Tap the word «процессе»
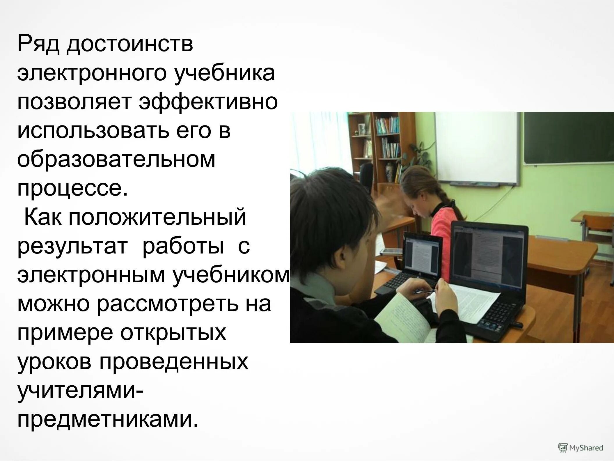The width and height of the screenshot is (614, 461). pos(72,189)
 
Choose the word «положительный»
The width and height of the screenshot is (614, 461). pos(157,217)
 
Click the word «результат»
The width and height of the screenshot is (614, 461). pos(72,246)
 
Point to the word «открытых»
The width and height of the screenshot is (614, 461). pos(173,333)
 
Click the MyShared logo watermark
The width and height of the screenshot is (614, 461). pos(580,447)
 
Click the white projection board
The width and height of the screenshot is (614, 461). pos(477,148)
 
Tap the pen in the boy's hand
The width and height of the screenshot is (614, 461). pos(425,292)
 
